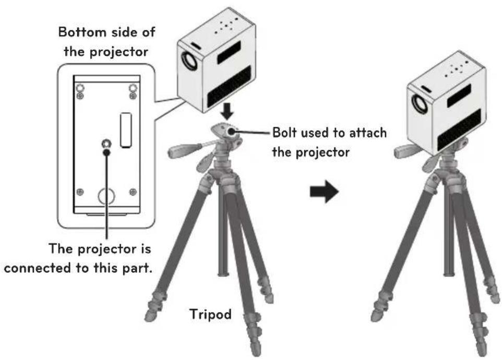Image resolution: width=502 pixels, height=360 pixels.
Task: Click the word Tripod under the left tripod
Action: [210, 314]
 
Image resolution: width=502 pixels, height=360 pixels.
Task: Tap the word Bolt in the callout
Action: [285, 132]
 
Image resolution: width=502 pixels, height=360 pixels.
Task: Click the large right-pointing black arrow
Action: [324, 191]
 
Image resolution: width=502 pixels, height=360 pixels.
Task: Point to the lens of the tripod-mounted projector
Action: [420, 104]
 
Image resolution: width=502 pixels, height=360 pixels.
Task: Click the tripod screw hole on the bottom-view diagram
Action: [106, 143]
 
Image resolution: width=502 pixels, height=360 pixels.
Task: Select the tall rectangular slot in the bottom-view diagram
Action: [125, 130]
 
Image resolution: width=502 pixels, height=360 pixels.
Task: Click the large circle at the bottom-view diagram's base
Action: [106, 196]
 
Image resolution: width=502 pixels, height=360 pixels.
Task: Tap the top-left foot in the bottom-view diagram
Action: [80, 88]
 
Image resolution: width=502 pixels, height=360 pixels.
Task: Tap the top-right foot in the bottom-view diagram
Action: [133, 88]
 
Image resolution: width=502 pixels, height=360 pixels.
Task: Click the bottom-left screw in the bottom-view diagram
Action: [80, 191]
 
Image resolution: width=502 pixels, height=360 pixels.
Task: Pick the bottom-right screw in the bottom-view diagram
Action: [133, 191]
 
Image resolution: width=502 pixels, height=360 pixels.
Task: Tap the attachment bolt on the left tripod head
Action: [231, 131]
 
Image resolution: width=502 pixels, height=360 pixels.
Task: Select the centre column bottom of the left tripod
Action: [223, 273]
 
